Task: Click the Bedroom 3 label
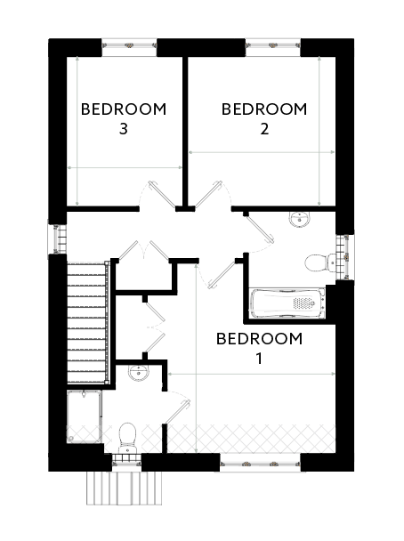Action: point(124,118)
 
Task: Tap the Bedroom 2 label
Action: point(264,118)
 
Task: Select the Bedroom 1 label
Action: point(259,349)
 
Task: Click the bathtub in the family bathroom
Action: point(287,303)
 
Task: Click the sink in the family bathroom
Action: point(300,219)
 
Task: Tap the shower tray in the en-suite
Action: point(85,416)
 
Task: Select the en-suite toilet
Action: point(127,438)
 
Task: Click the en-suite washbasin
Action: point(139,373)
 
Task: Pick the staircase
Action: point(88,323)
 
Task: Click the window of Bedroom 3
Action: point(129,46)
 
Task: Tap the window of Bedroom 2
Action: point(273,46)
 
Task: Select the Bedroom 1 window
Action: point(260,464)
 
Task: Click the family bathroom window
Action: point(345,257)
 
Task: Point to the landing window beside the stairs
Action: point(57,239)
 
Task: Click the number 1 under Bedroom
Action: point(259,359)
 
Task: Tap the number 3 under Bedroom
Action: point(124,129)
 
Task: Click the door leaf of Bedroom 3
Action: point(162,195)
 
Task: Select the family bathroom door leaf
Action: point(260,227)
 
